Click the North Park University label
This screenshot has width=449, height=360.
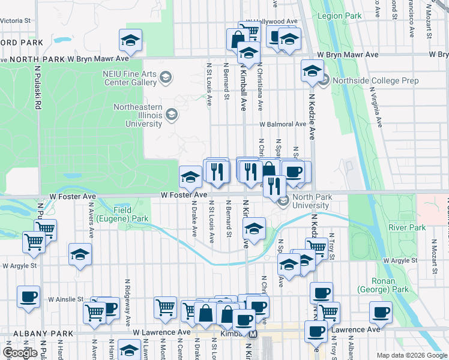311,201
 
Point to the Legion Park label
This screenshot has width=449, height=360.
340,16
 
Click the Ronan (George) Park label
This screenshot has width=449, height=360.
391,285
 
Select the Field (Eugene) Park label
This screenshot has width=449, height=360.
131,215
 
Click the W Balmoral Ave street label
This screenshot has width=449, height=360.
283,124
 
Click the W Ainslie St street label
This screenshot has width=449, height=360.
66,299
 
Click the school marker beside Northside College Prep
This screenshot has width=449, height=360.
312,72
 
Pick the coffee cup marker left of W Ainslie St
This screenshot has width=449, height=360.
28,296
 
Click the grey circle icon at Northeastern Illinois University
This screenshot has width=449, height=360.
172,114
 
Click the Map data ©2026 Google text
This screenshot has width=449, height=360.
412,355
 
